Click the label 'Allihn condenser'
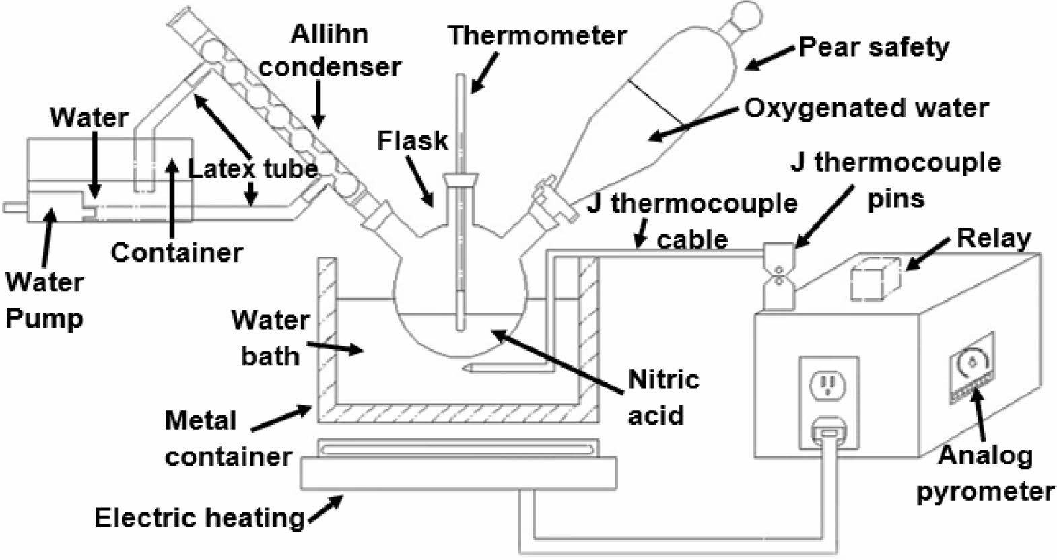pos(330,50)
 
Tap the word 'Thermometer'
pos(537,35)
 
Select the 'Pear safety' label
pos(874,47)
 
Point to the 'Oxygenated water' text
pos(866,108)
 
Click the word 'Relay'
pos(994,238)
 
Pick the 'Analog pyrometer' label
pos(985,474)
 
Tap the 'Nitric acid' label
pos(663,397)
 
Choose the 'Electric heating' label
pos(199,518)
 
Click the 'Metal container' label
pos(228,439)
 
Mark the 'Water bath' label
pos(271,337)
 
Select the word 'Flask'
pos(412,141)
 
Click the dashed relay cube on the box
pos(875,280)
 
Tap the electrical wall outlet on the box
pos(828,385)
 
